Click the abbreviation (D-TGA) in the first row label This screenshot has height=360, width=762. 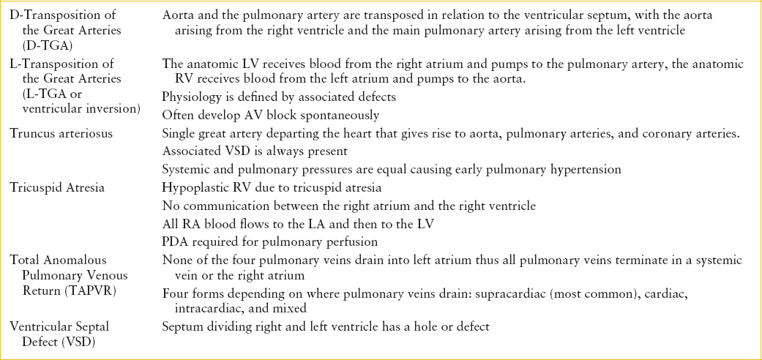coord(45,45)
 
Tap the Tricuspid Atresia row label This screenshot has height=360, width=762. coord(57,187)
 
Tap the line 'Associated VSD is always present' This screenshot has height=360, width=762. coord(254,151)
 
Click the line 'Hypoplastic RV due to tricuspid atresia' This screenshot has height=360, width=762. coord(272,187)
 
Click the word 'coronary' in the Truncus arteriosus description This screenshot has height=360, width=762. coord(665,133)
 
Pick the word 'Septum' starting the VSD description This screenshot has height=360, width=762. coord(182,326)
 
